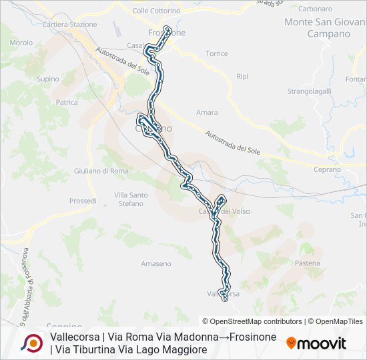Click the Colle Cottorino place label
(x=157, y=11)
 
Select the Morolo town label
(x=21, y=43)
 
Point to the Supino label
(x=48, y=79)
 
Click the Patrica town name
(x=67, y=103)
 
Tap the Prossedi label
(x=83, y=201)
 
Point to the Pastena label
(x=307, y=263)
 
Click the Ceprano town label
(x=327, y=170)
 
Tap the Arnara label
(x=207, y=113)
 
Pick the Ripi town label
(x=242, y=77)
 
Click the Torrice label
(x=217, y=53)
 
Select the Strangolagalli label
(x=310, y=91)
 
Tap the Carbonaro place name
(x=316, y=9)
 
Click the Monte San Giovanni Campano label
(x=317, y=27)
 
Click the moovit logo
(x=316, y=343)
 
